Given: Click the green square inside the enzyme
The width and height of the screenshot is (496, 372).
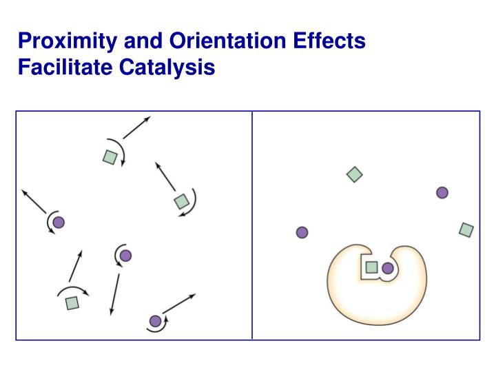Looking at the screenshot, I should [371, 267].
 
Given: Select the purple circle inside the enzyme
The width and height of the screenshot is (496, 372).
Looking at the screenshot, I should [388, 268].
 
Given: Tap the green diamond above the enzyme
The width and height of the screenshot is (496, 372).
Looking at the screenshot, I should [354, 174].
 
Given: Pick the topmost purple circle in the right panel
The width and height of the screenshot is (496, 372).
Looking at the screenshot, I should [442, 193].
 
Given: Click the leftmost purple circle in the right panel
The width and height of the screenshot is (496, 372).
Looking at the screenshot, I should [302, 232].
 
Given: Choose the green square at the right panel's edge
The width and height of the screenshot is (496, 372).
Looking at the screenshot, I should [466, 229].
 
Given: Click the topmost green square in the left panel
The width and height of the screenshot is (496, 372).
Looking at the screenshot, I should [110, 157].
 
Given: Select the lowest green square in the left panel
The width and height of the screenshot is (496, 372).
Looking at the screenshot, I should [72, 302].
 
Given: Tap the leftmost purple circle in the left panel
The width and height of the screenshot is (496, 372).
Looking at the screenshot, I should [59, 222].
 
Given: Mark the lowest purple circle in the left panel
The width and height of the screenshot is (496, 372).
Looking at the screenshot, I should [155, 320].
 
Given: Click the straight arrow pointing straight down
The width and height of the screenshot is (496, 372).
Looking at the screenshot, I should [114, 295].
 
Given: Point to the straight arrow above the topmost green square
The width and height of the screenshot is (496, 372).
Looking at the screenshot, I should [136, 128].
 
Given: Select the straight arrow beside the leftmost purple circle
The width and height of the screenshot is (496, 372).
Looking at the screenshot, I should [34, 200].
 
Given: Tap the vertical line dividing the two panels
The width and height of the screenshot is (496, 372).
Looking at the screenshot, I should [252, 225].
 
